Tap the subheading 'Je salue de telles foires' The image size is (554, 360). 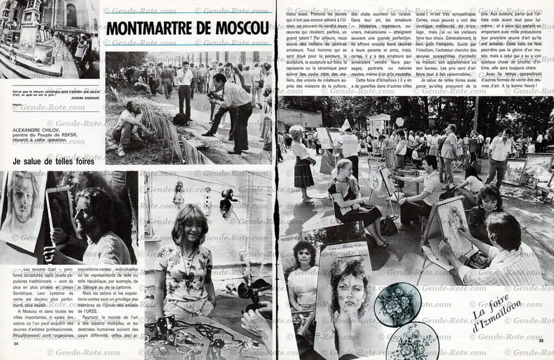pos(54,161)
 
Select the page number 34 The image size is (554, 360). pos(16,343)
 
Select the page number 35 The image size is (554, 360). pos(541,355)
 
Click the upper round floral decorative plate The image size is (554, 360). pos(398,305)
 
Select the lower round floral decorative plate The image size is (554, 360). pos(412,341)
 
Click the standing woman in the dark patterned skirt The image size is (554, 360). pos(302,163)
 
